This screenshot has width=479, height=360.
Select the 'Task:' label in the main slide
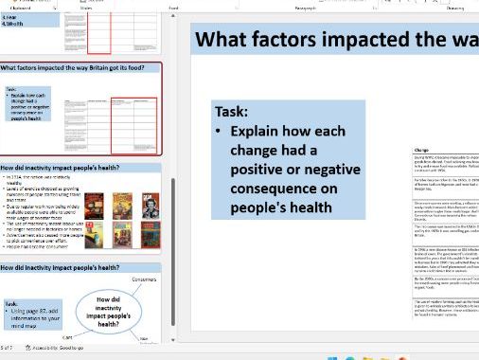point(232,111)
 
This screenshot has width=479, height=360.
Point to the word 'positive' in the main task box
point(260,170)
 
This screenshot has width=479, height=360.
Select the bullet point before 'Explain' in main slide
point(220,132)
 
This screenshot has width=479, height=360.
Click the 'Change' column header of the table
point(423,149)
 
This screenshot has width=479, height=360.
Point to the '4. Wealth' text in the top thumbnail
point(12,22)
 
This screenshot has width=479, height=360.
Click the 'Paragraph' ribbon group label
point(305,7)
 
